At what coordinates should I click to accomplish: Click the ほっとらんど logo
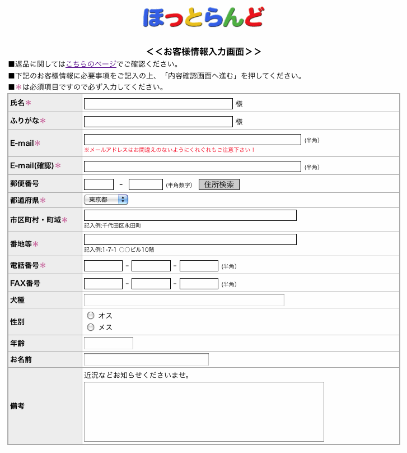coord(203,17)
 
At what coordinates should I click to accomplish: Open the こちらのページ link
coord(91,64)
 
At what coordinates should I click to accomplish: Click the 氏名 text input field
coord(158,104)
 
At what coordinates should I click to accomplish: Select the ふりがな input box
coord(158,122)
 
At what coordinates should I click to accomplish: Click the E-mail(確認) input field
coord(192,167)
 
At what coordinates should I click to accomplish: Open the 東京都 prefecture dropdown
coord(106,200)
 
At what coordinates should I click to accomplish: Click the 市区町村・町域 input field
coord(190,215)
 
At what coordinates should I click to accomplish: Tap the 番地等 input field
coord(190,239)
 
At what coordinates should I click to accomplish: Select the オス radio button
coord(91,316)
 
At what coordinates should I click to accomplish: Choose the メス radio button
coord(91,327)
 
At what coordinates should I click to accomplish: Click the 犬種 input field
coord(184,300)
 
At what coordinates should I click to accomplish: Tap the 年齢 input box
coord(109,343)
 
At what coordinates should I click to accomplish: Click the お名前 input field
coord(146,359)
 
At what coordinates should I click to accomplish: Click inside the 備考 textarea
coord(204,412)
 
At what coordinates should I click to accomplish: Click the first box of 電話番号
coord(103,266)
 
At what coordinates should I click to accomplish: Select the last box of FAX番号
coord(199,284)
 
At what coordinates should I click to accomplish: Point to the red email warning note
coord(170,150)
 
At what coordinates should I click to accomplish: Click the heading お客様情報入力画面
coord(203,52)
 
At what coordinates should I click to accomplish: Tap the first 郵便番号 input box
coord(99,184)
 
